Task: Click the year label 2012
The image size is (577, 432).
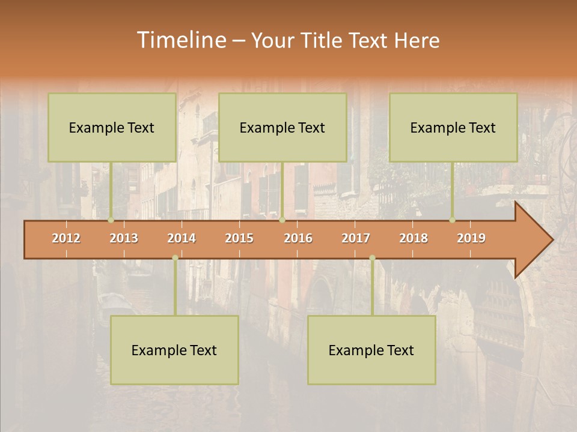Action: click(66, 238)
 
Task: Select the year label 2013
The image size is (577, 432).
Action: click(124, 238)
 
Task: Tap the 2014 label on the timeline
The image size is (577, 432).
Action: click(182, 238)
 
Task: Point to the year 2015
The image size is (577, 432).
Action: click(239, 238)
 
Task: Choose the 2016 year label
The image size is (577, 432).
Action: click(298, 238)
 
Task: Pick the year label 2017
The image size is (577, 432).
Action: click(356, 238)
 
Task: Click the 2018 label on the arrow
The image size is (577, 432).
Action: click(414, 238)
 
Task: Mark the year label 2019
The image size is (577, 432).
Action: click(471, 238)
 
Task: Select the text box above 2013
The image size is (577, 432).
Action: click(112, 127)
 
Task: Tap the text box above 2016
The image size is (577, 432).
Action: click(282, 127)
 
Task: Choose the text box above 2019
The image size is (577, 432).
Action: click(453, 127)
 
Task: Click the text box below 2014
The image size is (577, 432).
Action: click(174, 350)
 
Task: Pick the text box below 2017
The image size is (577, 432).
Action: click(371, 350)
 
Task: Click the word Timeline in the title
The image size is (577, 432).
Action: click(180, 40)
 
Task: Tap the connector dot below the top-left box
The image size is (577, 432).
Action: click(111, 220)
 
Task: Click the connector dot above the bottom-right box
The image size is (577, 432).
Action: click(372, 258)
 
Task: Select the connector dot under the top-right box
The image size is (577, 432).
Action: click(452, 220)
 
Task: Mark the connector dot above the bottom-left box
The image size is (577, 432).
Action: click(175, 258)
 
